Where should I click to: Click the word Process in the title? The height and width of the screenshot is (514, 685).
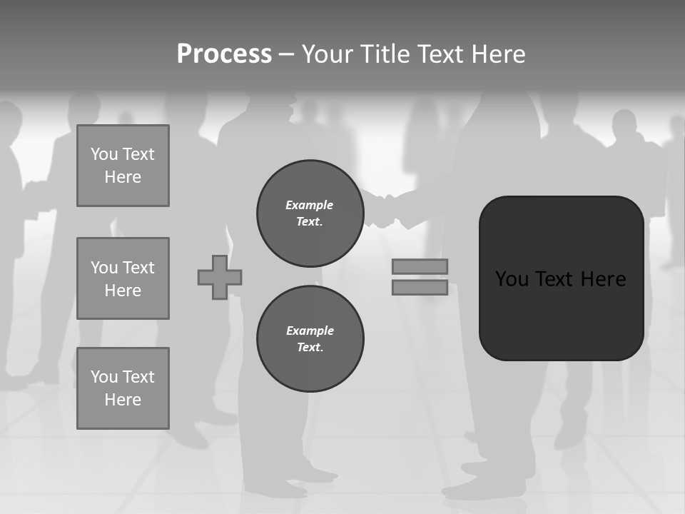pyautogui.click(x=224, y=54)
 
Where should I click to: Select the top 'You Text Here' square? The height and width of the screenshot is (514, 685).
pyautogui.click(x=123, y=166)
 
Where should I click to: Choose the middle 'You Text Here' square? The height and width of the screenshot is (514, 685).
pyautogui.click(x=123, y=278)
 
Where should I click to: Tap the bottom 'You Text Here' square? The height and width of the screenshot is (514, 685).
pyautogui.click(x=123, y=388)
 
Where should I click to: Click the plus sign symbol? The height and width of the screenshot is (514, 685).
pyautogui.click(x=220, y=277)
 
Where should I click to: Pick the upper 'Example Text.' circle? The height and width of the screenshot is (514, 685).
pyautogui.click(x=310, y=213)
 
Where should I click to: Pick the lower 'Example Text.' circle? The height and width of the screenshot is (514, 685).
pyautogui.click(x=310, y=339)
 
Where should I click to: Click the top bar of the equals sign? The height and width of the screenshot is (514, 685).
pyautogui.click(x=420, y=266)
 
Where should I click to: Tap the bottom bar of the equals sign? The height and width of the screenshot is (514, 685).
pyautogui.click(x=420, y=287)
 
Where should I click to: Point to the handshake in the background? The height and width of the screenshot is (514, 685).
pyautogui.click(x=384, y=211)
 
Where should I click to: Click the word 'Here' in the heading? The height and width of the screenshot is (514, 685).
pyautogui.click(x=499, y=54)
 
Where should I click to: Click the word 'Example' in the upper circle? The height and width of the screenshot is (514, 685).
pyautogui.click(x=310, y=205)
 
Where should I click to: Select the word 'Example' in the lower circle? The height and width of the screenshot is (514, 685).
pyautogui.click(x=310, y=331)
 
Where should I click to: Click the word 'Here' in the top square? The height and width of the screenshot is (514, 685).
pyautogui.click(x=123, y=177)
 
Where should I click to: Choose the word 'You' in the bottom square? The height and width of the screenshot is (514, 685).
pyautogui.click(x=103, y=377)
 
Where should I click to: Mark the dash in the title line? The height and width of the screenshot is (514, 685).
pyautogui.click(x=286, y=54)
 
